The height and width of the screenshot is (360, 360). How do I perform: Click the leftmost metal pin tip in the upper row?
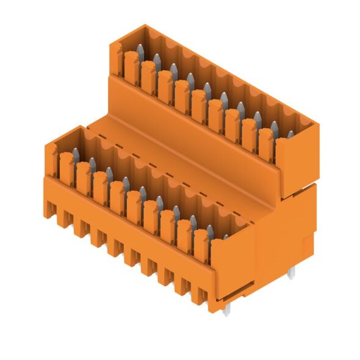(x=140, y=48)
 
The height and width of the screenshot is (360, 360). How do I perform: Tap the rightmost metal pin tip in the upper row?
(x=290, y=133)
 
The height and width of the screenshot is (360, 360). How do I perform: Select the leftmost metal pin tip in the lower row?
(x=76, y=151)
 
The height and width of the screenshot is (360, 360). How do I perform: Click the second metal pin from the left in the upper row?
(x=157, y=58)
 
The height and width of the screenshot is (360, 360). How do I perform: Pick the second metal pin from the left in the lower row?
(x=92, y=161)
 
